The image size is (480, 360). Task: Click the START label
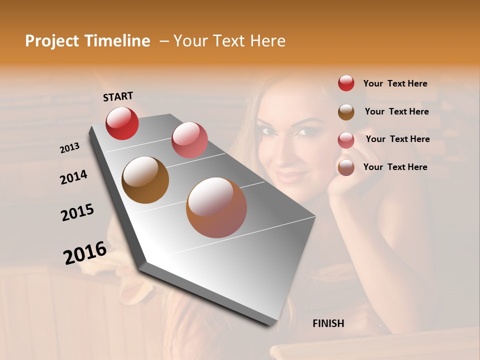(118, 96)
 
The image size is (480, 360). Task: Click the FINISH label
(328, 323)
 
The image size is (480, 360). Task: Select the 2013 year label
(69, 148)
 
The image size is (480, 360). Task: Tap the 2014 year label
(73, 177)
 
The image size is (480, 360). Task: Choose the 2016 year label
(85, 252)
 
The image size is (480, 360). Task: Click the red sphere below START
(122, 123)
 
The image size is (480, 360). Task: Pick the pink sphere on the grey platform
(189, 140)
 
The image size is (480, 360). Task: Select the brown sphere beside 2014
(145, 180)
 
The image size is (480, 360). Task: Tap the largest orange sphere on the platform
(216, 207)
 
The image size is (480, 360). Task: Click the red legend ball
(346, 83)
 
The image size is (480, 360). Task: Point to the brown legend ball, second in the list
(346, 112)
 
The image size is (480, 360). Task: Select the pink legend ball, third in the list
(346, 140)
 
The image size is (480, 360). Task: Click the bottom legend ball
(346, 167)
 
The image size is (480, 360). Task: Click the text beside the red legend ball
(395, 83)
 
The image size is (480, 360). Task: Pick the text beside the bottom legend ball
(395, 167)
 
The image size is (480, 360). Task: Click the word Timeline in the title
(117, 41)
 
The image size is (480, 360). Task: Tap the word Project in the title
(51, 41)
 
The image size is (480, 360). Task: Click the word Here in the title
(267, 41)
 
